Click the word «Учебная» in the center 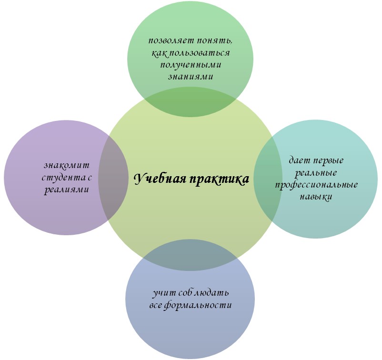tap(159, 179)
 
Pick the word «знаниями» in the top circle tap(190, 76)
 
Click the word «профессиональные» tap(316, 184)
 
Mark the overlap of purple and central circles tap(114, 179)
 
